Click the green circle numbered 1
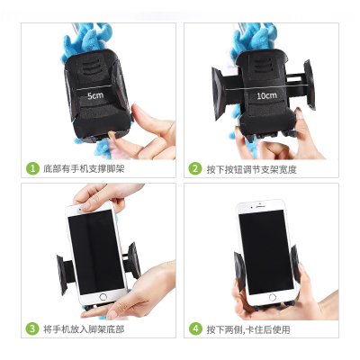(x=32, y=168)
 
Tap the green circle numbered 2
(x=195, y=168)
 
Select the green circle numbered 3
(x=32, y=328)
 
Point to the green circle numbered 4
(x=195, y=328)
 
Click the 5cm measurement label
(x=95, y=95)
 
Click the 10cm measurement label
(x=266, y=95)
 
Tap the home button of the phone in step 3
(x=103, y=297)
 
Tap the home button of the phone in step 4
(x=273, y=298)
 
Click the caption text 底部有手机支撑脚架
(x=84, y=168)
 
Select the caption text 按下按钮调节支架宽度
(x=251, y=169)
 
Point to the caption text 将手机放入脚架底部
(x=84, y=329)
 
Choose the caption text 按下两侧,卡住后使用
(x=248, y=329)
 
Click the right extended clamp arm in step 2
(x=309, y=85)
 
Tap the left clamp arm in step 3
(x=63, y=274)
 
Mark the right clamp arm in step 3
(x=133, y=260)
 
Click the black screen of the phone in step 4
(x=265, y=252)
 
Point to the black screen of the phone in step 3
(x=96, y=252)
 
